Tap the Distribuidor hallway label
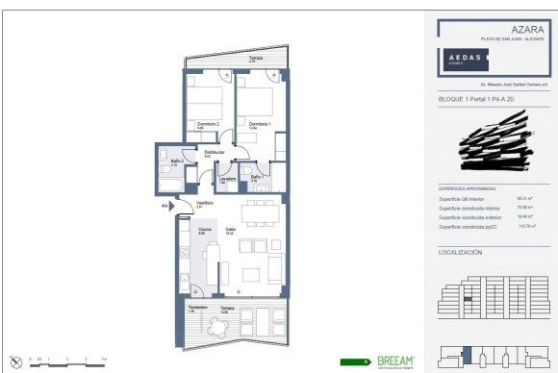pyautogui.click(x=214, y=153)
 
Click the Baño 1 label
pyautogui.click(x=256, y=178)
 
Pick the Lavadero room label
pyautogui.click(x=227, y=179)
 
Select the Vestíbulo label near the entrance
pyautogui.click(x=205, y=203)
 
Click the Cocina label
pyautogui.click(x=204, y=230)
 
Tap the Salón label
pyautogui.click(x=231, y=230)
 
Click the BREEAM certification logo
pyautogui.click(x=394, y=362)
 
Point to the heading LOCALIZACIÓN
pyautogui.click(x=460, y=252)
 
